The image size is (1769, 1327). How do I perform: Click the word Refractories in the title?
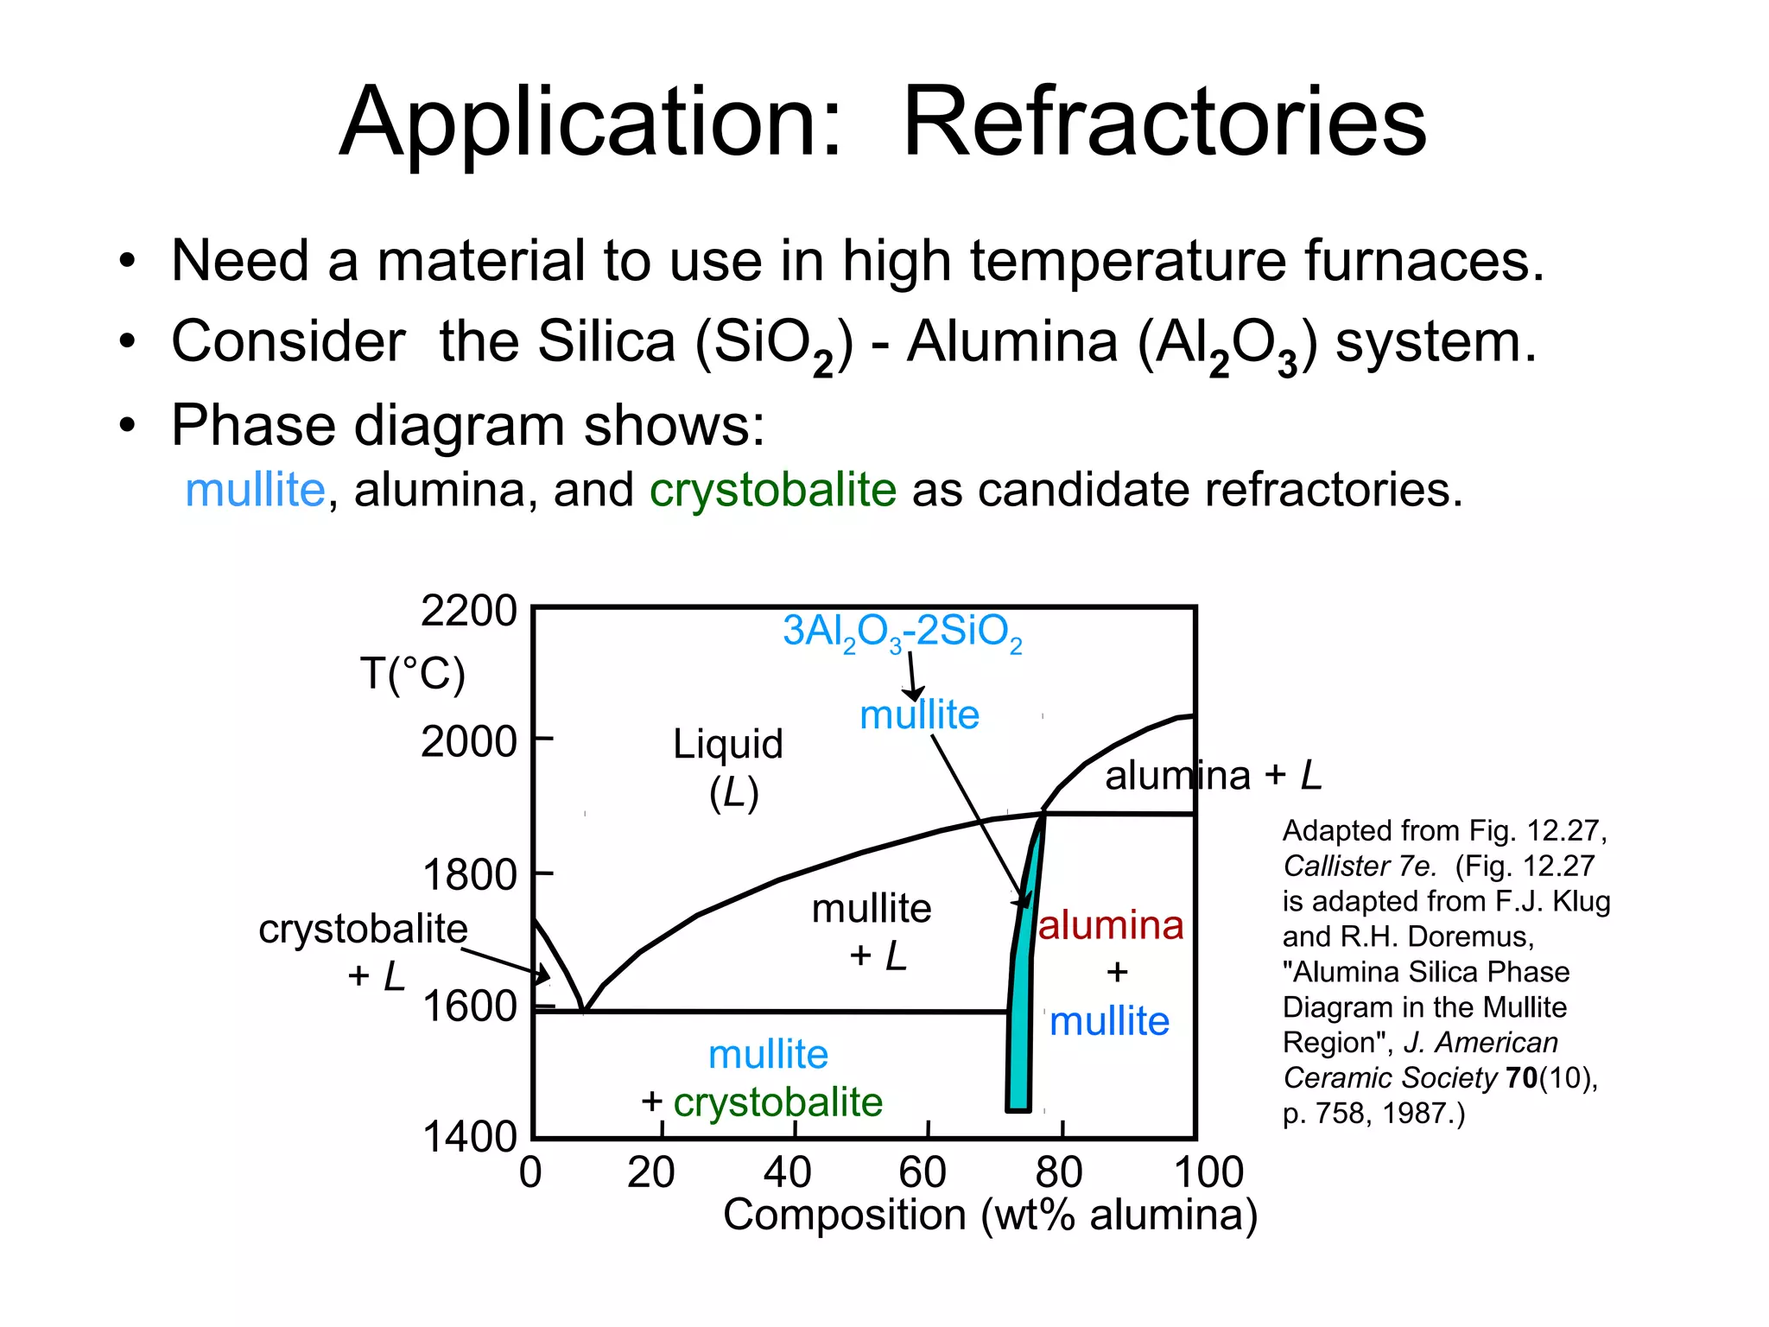pyautogui.click(x=1163, y=123)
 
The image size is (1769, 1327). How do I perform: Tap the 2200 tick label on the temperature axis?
pyautogui.click(x=468, y=611)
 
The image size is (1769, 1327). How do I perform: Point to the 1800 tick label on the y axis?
pyautogui.click(x=469, y=875)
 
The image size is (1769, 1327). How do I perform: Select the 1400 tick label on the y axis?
pyautogui.click(x=469, y=1137)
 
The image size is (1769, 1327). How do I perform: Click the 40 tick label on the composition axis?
pyautogui.click(x=787, y=1172)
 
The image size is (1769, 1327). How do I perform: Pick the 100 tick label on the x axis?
pyautogui.click(x=1208, y=1172)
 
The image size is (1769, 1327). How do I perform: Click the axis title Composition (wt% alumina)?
pyautogui.click(x=990, y=1215)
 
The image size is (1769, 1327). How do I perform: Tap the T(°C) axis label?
pyautogui.click(x=413, y=673)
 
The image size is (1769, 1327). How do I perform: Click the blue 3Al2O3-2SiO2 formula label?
pyautogui.click(x=902, y=632)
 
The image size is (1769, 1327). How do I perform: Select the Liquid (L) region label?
pyautogui.click(x=729, y=767)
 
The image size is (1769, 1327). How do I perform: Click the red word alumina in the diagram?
pyautogui.click(x=1110, y=925)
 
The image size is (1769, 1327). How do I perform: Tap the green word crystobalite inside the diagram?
pyautogui.click(x=777, y=1102)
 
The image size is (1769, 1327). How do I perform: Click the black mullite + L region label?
pyautogui.click(x=872, y=931)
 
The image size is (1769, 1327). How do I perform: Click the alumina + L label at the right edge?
pyautogui.click(x=1213, y=775)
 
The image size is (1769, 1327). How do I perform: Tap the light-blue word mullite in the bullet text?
pyautogui.click(x=255, y=490)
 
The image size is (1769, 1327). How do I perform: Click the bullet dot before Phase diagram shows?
pyautogui.click(x=128, y=426)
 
